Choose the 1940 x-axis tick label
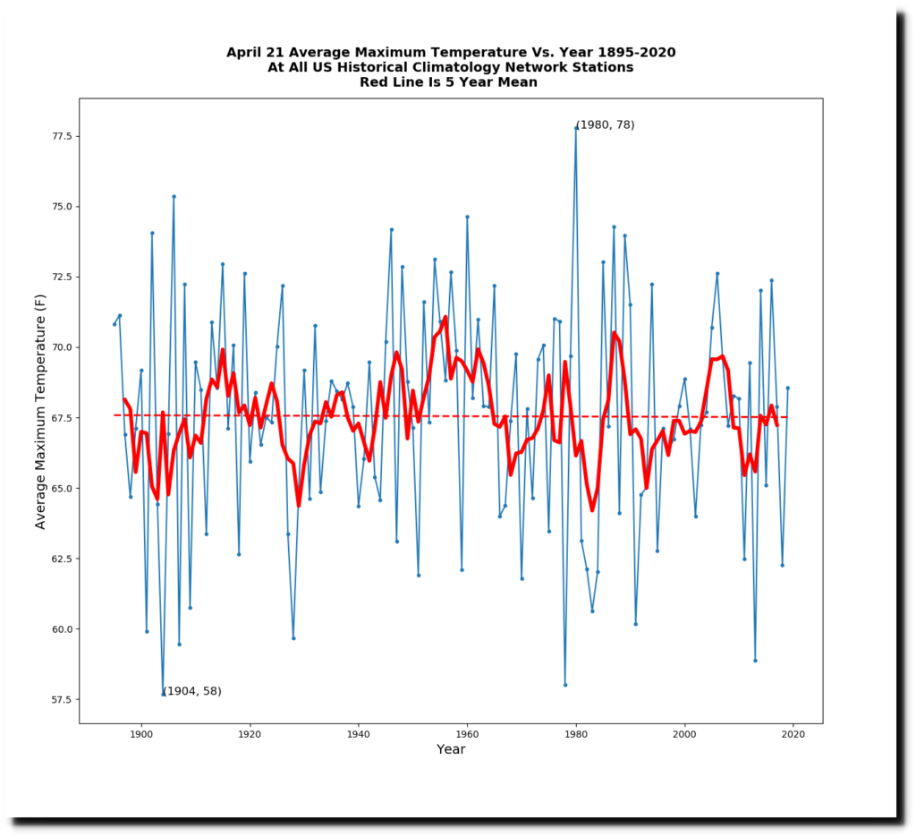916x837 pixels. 358,734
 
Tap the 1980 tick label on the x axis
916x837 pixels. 576,734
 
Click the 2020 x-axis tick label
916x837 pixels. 793,734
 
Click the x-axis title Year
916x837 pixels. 451,749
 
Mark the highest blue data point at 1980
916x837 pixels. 576,128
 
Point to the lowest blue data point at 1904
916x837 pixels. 163,694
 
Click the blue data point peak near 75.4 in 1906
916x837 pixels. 174,196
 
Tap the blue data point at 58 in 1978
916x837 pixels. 565,685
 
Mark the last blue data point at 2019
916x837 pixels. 788,388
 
